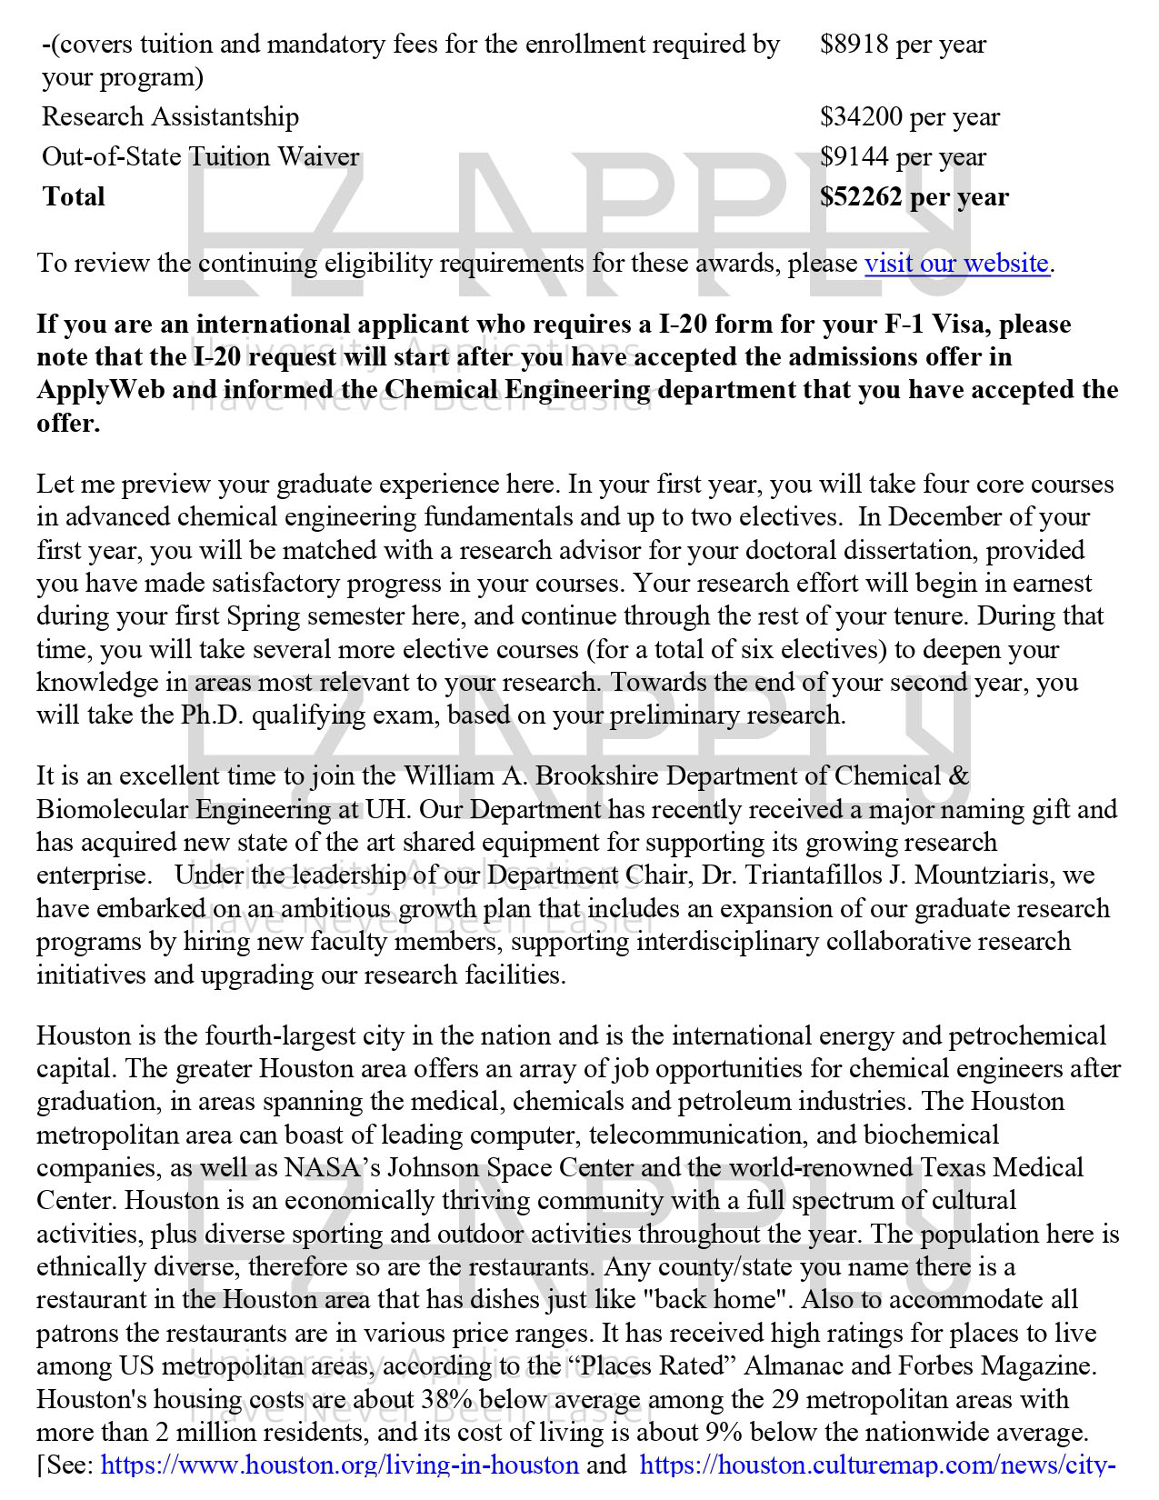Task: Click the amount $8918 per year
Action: (x=903, y=44)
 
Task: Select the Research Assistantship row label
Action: (x=170, y=116)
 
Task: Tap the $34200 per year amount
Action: (x=909, y=116)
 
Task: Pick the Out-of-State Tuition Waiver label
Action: (x=200, y=156)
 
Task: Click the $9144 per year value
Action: (x=903, y=156)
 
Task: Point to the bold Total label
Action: (x=74, y=196)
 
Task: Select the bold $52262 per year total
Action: (x=914, y=196)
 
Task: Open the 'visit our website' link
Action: (x=956, y=264)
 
